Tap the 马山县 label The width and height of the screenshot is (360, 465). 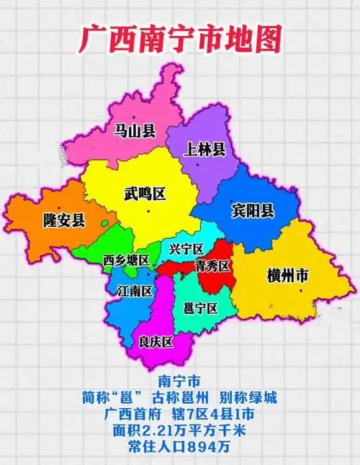(135, 130)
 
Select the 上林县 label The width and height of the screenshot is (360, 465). (205, 150)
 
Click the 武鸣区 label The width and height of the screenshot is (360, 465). (145, 194)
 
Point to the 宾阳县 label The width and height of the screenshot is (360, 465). (253, 210)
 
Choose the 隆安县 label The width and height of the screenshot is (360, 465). (64, 220)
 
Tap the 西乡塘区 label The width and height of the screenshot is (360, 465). (127, 259)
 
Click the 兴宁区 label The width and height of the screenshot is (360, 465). (186, 250)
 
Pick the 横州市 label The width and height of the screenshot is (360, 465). (288, 275)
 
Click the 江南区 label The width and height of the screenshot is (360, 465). (134, 291)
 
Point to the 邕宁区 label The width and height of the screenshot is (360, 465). (201, 308)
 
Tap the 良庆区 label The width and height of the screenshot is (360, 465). (156, 342)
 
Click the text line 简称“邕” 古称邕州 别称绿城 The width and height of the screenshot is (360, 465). (179, 397)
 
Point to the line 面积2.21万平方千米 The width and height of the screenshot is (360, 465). (179, 430)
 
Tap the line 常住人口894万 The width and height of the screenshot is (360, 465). (179, 447)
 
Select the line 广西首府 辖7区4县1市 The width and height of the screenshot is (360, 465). (179, 414)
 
